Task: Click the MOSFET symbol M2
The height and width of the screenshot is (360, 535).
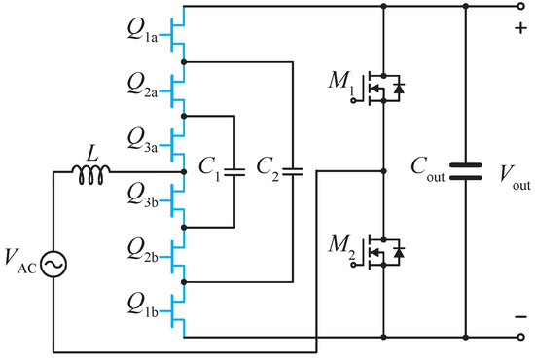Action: (380, 254)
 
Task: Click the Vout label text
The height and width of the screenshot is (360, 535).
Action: (511, 176)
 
